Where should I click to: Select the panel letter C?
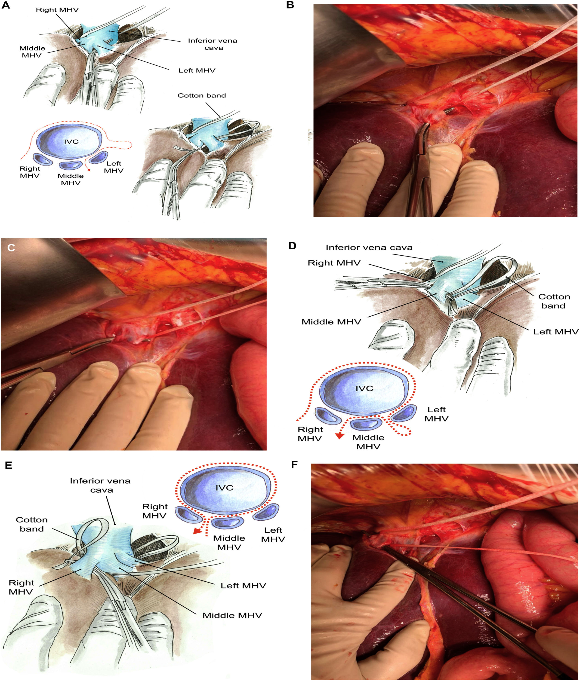(11, 247)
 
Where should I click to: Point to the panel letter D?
(292, 245)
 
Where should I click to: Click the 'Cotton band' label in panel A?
(202, 96)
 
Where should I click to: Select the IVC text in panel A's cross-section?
(71, 142)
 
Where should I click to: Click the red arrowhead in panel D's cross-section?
(340, 436)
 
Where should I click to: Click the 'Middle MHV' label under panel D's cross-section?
(368, 442)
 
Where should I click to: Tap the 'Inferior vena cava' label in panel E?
(100, 485)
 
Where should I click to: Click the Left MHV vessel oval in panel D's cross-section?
(403, 413)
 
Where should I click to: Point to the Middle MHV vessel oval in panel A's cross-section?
(71, 165)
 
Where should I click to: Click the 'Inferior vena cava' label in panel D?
(369, 247)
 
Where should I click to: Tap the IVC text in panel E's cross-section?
(225, 488)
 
